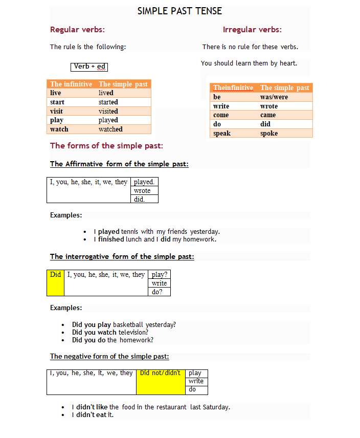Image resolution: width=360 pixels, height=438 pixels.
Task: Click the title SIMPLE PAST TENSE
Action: (x=179, y=11)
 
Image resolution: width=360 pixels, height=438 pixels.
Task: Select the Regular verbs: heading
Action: (x=77, y=30)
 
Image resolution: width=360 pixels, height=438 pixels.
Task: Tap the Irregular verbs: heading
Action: (x=252, y=30)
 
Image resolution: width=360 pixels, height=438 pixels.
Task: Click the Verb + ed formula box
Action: (x=89, y=67)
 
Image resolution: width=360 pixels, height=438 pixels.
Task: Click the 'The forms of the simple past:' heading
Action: (x=106, y=146)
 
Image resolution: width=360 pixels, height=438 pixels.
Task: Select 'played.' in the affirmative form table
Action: (x=144, y=182)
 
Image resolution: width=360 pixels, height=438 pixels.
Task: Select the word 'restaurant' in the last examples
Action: (x=171, y=407)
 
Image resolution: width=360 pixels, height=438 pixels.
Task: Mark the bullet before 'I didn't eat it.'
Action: (x=63, y=415)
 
